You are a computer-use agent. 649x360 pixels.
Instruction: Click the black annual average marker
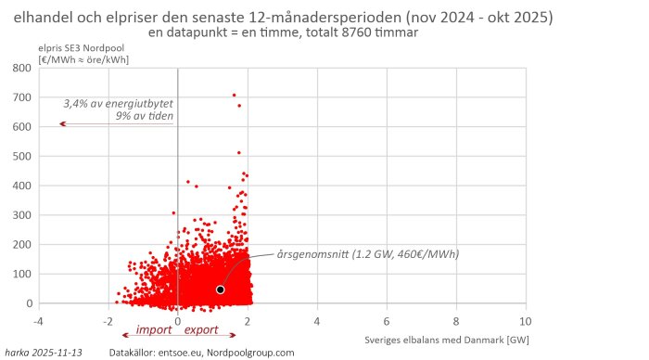click(221, 289)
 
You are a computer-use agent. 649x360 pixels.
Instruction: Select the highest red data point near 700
click(234, 95)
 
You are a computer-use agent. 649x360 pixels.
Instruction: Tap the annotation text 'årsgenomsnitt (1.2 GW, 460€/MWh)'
click(368, 254)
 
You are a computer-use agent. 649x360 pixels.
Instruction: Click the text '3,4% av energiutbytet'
click(119, 103)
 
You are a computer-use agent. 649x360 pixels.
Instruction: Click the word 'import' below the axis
click(152, 329)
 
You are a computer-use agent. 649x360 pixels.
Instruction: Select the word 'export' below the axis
click(201, 329)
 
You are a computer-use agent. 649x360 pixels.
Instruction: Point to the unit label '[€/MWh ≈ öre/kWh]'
click(83, 58)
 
